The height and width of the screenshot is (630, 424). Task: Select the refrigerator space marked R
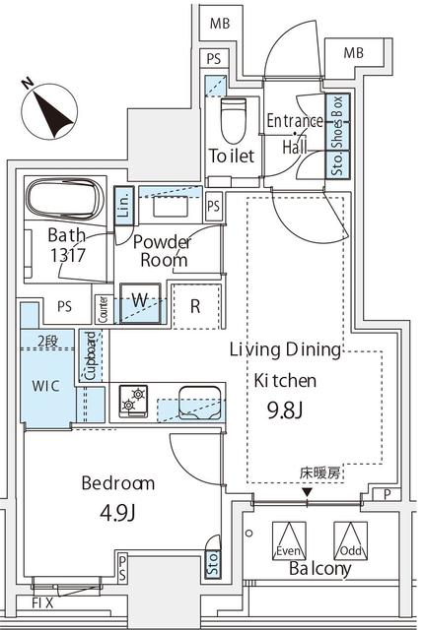(195, 305)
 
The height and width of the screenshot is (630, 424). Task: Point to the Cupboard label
(90, 355)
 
